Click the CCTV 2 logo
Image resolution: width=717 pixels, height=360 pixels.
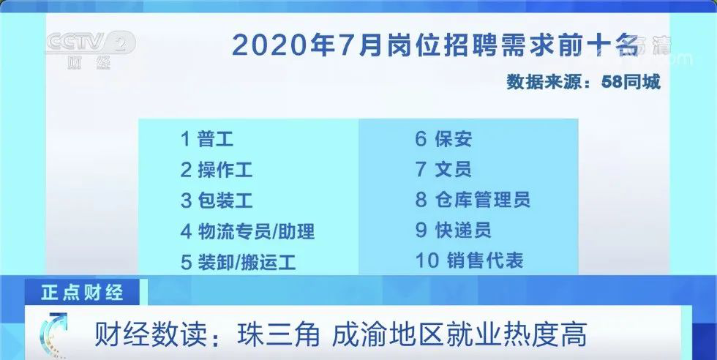[x=90, y=50]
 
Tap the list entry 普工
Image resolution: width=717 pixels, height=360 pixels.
[x=215, y=139]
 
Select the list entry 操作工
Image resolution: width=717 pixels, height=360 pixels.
[x=225, y=170]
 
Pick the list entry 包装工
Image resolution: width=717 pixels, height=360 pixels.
[x=225, y=200]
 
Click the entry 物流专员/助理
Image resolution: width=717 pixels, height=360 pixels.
[x=257, y=231]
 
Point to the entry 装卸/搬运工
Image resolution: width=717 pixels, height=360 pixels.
[x=247, y=262]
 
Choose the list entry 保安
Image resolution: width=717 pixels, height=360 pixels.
[x=453, y=139]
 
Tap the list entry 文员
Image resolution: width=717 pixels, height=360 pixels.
[x=453, y=169]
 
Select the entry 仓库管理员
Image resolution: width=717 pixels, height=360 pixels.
[x=482, y=200]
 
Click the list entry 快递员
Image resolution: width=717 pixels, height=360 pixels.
[x=462, y=230]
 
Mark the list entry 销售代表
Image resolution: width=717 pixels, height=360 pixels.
[x=484, y=260]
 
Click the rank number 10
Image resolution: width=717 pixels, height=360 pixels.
[x=427, y=260]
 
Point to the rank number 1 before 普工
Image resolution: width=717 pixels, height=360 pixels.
[x=185, y=139]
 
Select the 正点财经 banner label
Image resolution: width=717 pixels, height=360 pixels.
[x=82, y=293]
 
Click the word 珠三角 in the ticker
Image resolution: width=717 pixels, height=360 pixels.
[x=279, y=335]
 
